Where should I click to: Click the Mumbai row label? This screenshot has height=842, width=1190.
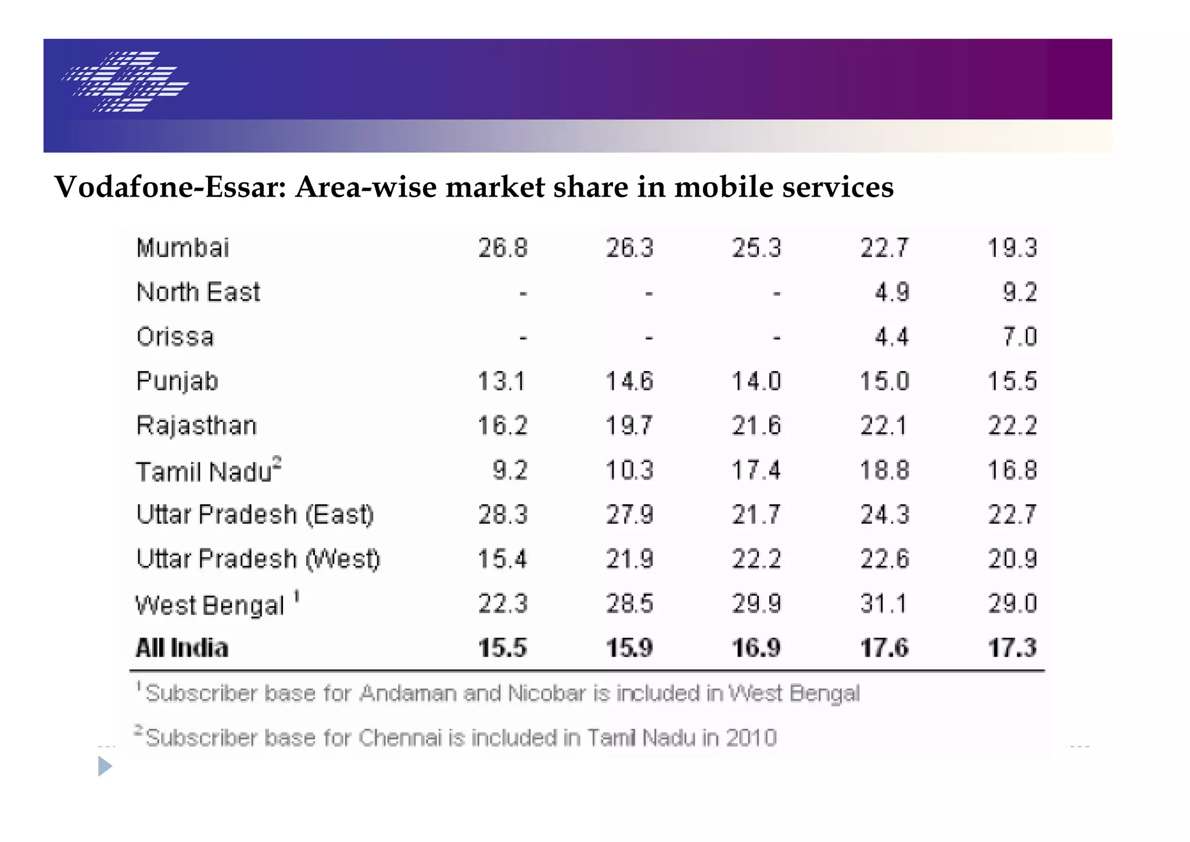tap(182, 248)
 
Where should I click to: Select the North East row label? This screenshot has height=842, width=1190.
tap(198, 292)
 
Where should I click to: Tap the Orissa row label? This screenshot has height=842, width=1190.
tap(175, 337)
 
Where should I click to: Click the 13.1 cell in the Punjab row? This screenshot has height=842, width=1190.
tap(501, 382)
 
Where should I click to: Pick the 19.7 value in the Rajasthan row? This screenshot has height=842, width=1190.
tap(629, 426)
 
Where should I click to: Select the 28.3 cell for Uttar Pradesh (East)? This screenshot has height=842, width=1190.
tap(503, 515)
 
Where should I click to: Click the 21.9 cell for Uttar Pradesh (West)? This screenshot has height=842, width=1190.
tap(629, 559)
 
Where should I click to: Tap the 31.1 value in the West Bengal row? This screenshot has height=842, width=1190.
tap(884, 604)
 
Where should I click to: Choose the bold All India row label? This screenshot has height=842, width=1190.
tap(182, 648)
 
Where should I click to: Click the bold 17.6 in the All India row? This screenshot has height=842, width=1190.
tap(884, 648)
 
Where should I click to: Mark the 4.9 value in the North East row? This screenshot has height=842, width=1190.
tap(891, 292)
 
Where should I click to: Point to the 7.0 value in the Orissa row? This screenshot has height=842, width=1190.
tap(1020, 337)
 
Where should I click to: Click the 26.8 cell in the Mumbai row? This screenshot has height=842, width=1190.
tap(503, 248)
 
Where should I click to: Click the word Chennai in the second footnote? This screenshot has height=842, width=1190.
tap(400, 738)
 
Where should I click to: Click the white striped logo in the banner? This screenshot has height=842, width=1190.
tap(126, 81)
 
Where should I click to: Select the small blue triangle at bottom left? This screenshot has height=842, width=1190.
tap(105, 766)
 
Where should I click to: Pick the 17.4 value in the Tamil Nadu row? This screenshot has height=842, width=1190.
tap(756, 470)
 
